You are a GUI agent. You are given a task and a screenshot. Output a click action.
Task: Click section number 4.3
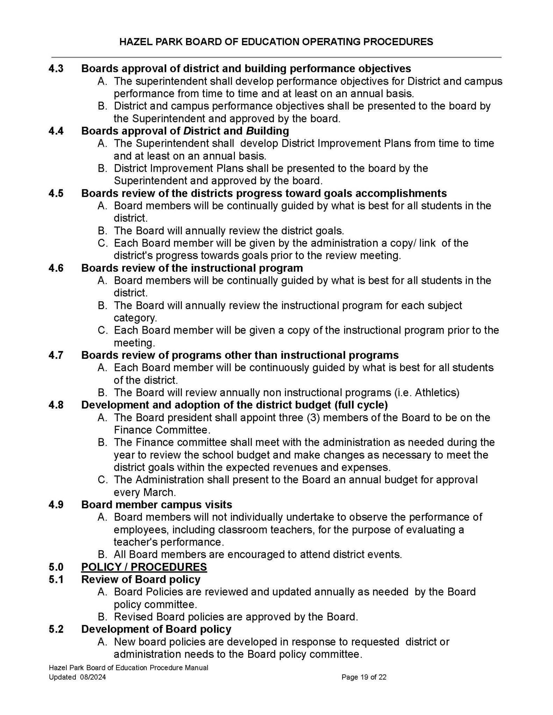click(56, 68)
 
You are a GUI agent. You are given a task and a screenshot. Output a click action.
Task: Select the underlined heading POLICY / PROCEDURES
click(144, 567)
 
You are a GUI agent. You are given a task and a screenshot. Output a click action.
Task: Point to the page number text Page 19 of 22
click(364, 677)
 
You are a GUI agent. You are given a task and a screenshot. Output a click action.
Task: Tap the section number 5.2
click(56, 629)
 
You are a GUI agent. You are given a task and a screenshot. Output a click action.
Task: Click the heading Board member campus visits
click(157, 505)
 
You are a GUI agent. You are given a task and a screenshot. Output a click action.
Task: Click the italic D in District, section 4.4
click(187, 131)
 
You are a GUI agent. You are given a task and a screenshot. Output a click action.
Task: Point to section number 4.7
click(56, 355)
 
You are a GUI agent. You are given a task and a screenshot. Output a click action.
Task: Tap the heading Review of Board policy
click(141, 579)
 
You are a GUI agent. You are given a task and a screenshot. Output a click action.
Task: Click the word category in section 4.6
click(135, 318)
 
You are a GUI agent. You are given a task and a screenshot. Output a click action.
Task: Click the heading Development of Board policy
click(156, 629)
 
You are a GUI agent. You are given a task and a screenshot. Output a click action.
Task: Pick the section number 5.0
click(56, 567)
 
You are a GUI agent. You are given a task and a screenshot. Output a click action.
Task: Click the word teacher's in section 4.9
click(135, 542)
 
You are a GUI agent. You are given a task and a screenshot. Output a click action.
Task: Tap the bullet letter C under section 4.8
click(102, 480)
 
